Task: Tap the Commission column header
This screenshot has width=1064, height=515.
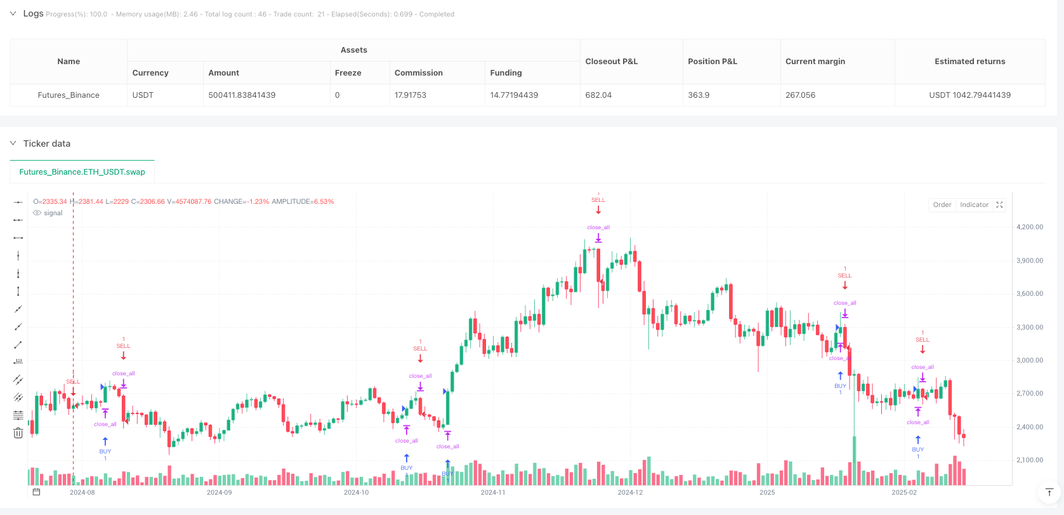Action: pos(419,73)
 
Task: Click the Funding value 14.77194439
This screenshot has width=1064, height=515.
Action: pos(514,95)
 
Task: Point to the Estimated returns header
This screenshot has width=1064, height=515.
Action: pos(969,62)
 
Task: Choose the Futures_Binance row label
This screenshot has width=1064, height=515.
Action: pos(69,95)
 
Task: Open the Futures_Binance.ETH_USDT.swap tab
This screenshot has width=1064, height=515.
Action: pos(82,172)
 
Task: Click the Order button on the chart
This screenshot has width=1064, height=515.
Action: pos(942,204)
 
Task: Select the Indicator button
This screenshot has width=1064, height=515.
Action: pos(974,204)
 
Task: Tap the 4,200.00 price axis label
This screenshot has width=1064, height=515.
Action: pos(1030,227)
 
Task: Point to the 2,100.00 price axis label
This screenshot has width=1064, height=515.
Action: pos(1030,460)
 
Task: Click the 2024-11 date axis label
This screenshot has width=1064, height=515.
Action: pos(493,492)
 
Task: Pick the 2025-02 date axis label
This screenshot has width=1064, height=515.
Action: pos(904,492)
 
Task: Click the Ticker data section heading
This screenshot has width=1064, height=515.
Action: pos(47,144)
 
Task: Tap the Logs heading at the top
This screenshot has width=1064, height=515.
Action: pos(33,13)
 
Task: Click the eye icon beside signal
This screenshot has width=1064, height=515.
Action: pos(37,213)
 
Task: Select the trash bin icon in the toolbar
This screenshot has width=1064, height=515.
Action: pos(18,433)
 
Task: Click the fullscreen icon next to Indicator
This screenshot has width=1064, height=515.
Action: pos(999,204)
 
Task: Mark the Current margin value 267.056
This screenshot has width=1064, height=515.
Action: pos(800,95)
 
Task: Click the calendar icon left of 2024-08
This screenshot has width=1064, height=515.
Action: pos(36,492)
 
